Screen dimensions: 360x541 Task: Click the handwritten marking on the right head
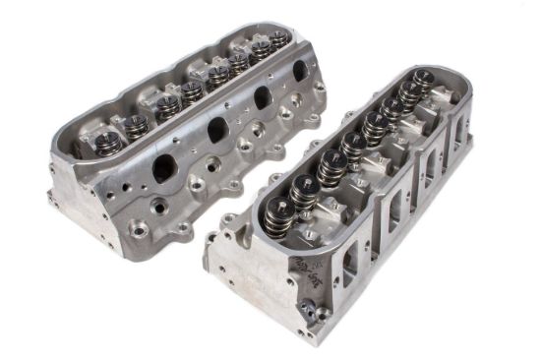(296, 266)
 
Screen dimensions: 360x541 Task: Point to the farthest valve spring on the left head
(280, 38)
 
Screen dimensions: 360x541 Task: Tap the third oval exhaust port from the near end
(263, 97)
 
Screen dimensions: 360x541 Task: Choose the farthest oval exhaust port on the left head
(299, 71)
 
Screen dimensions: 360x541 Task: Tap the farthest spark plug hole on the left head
(293, 98)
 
